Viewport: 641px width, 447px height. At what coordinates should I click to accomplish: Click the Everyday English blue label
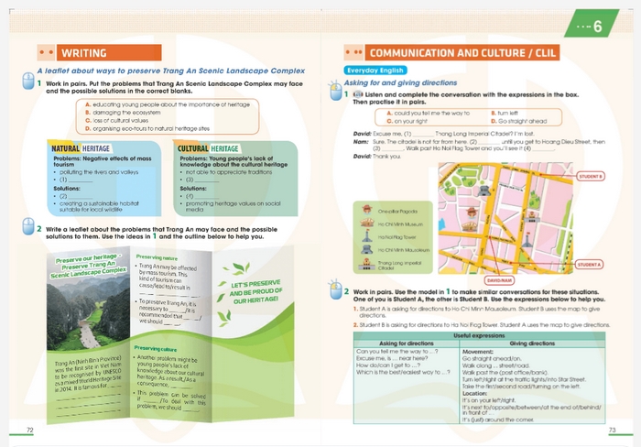pos(367,70)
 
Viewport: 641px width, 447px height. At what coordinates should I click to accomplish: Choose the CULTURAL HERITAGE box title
pos(209,148)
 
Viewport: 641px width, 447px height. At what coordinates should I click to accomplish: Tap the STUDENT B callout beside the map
pos(591,176)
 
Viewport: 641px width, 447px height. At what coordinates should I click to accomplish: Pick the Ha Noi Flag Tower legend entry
pos(392,236)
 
